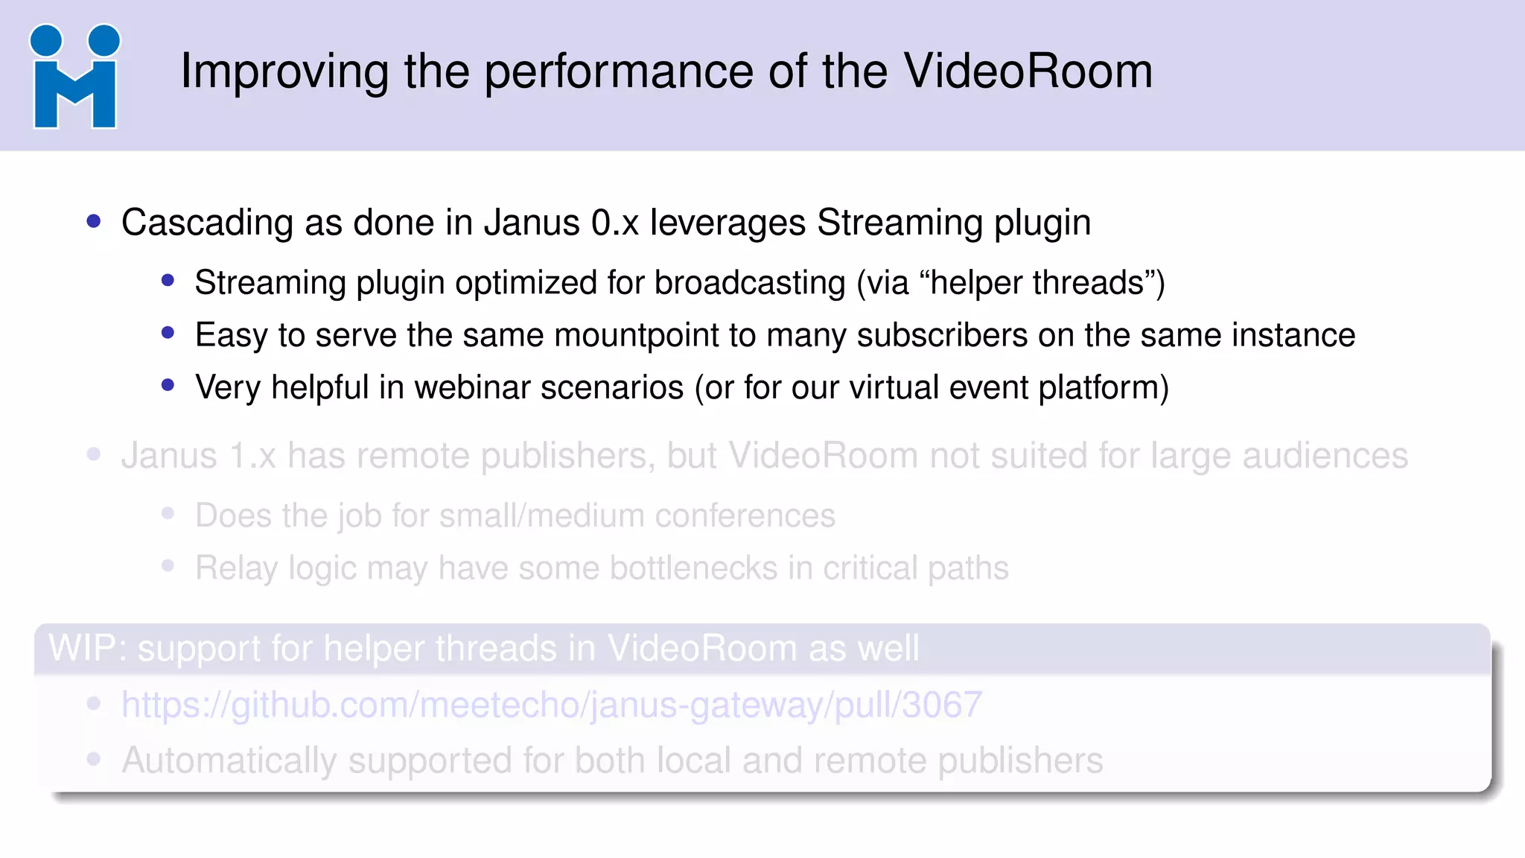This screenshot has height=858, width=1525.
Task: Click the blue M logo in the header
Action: pyautogui.click(x=74, y=77)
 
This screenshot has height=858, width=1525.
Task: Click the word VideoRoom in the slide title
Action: pyautogui.click(x=1028, y=71)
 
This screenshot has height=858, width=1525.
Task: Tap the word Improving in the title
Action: pyautogui.click(x=284, y=73)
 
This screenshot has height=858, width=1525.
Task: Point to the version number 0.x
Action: pyautogui.click(x=615, y=223)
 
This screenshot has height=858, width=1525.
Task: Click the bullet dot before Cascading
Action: pyautogui.click(x=94, y=221)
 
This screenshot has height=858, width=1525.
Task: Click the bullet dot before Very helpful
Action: pyautogui.click(x=168, y=385)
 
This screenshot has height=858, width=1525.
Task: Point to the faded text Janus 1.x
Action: pyautogui.click(x=198, y=456)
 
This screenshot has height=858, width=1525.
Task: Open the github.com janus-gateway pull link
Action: pyautogui.click(x=552, y=705)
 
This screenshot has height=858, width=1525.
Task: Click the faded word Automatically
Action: pyautogui.click(x=229, y=760)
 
